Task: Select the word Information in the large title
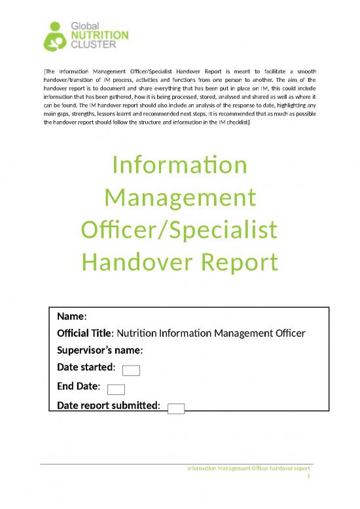tap(180, 166)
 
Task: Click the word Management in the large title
tap(180, 198)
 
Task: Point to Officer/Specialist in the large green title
tap(180, 230)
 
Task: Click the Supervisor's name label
tap(100, 350)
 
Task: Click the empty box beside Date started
tap(132, 371)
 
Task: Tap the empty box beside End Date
tap(116, 390)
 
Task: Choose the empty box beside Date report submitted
tap(176, 409)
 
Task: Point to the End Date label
tap(79, 386)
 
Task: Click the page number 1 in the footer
tap(308, 477)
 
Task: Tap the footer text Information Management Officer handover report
tap(248, 468)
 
